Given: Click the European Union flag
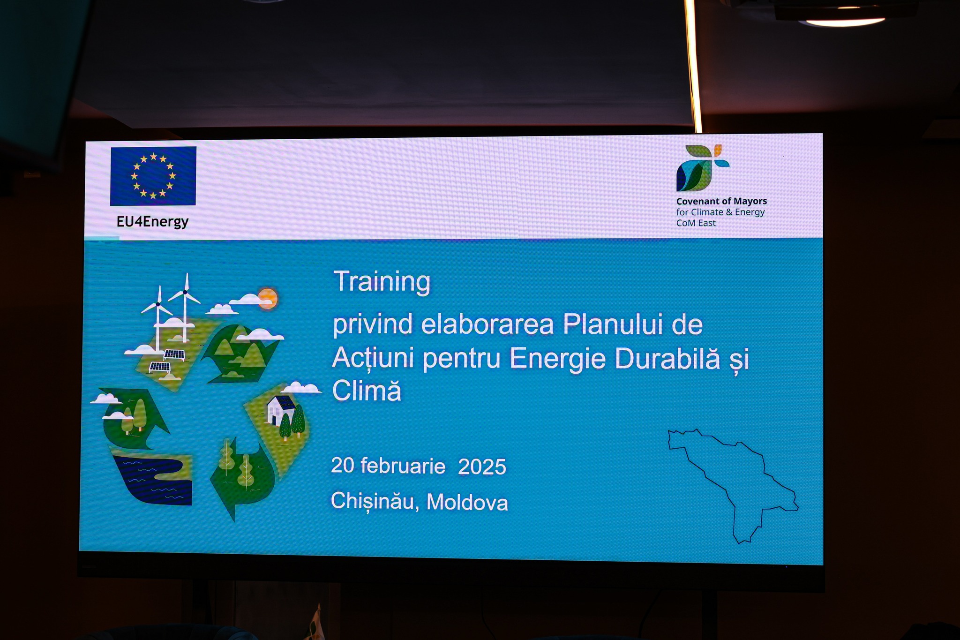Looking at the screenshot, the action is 153,176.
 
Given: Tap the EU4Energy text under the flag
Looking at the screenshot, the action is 152,221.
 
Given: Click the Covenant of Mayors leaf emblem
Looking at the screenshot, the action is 702,167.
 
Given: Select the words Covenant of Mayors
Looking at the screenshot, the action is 721,201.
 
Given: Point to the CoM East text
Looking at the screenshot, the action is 696,223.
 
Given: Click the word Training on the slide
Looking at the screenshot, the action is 382,281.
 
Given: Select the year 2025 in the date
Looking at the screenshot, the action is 482,467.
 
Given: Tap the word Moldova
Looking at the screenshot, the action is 467,502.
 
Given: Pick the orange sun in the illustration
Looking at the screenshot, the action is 268,298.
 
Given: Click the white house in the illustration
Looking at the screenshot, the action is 280,409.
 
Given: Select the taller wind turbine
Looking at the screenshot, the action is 186,307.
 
